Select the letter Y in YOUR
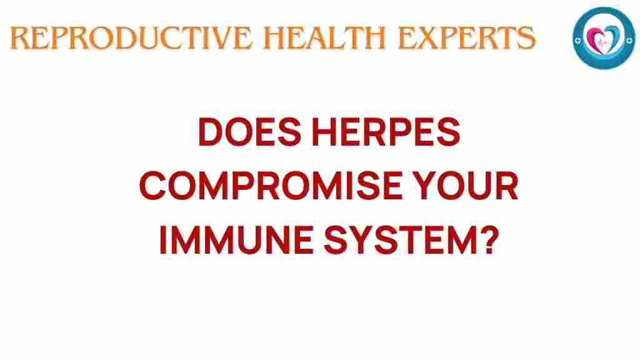438,187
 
